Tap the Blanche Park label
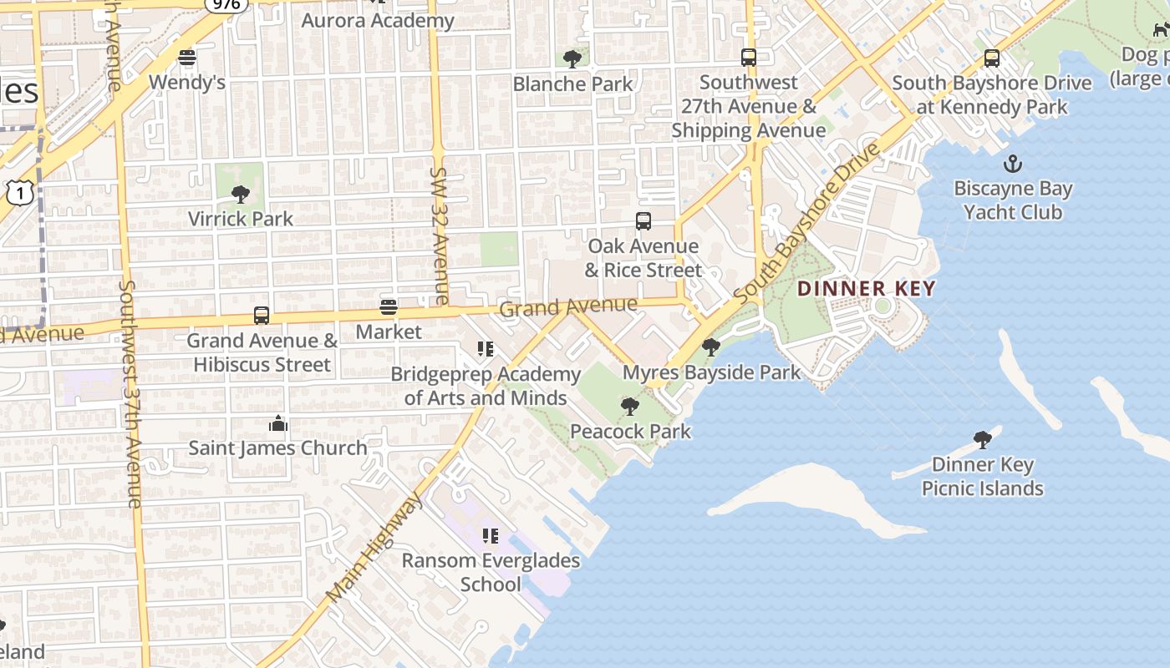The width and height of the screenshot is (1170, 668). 572,84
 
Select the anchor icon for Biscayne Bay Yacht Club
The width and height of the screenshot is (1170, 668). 1013,164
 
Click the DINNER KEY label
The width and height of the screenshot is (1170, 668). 866,289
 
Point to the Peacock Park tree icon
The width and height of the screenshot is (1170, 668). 630,407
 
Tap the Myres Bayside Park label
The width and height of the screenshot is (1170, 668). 712,372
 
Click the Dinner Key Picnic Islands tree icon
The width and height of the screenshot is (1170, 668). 983,439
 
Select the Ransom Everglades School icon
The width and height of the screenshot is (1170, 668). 491,535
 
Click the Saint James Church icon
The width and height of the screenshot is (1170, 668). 278,424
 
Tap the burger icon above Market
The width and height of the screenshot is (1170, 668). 389,306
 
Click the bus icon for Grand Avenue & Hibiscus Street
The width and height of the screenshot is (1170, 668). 262,316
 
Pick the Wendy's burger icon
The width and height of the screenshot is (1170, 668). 187,58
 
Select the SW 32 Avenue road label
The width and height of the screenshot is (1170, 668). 440,235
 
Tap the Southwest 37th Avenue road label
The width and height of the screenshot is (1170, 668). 131,392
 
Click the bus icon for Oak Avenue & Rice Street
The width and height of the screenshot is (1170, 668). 643,221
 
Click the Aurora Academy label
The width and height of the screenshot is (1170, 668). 378,21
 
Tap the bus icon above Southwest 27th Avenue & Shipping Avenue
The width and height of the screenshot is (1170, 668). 749,58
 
